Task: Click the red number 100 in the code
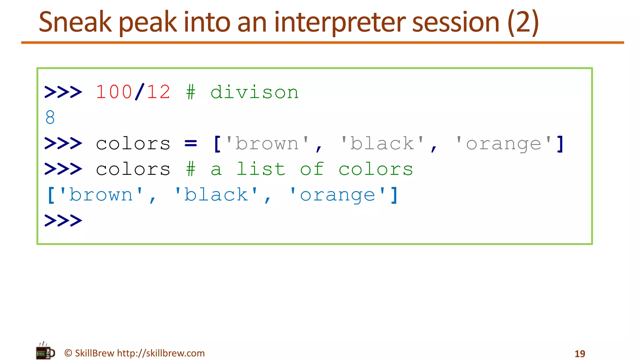tap(114, 92)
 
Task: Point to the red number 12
tap(158, 92)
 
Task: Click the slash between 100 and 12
tap(140, 92)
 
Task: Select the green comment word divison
tap(254, 92)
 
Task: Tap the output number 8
tap(50, 117)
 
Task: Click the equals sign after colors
tap(191, 143)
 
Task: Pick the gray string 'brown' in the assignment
tap(267, 143)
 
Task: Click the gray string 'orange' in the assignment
tap(503, 144)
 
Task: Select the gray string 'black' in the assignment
tap(382, 143)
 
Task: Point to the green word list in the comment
tap(261, 169)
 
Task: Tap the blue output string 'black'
tap(216, 195)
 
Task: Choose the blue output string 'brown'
tap(101, 195)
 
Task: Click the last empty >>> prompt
tap(63, 220)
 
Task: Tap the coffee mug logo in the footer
tap(45, 352)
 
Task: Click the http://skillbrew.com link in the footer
tap(161, 353)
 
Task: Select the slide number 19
tap(580, 354)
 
